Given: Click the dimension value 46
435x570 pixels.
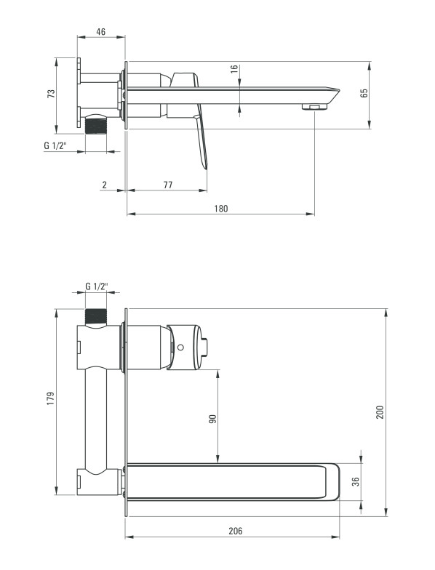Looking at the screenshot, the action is tap(100, 32).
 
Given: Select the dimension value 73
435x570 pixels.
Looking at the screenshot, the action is tap(52, 93).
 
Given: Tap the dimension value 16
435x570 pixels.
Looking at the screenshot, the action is tap(234, 69).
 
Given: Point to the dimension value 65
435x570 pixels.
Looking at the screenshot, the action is tap(364, 93).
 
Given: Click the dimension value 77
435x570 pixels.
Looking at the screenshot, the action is tap(167, 185).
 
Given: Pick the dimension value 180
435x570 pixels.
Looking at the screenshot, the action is tap(221, 209).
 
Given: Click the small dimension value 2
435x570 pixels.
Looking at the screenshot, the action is tap(105, 185).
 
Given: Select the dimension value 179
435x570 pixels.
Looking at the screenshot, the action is tap(50, 398).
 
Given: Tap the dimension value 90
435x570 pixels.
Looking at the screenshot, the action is tap(212, 419).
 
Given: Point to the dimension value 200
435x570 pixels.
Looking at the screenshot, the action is tap(380, 412).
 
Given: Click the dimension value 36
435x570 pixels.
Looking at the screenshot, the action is tap(356, 481).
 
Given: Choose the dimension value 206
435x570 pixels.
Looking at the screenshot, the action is tap(236, 531).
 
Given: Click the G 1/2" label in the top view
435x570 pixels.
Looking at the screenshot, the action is tap(55, 145).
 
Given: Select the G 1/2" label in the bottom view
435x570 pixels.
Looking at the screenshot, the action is tap(97, 286).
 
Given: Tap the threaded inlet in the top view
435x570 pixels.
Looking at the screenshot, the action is tap(96, 126).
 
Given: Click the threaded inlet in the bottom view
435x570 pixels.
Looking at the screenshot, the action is tap(96, 316).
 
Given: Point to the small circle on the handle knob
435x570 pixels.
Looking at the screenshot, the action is tap(180, 347).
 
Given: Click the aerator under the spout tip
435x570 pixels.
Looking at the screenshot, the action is tap(314, 107).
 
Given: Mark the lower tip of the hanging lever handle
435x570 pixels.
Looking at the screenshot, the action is tap(206, 168).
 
